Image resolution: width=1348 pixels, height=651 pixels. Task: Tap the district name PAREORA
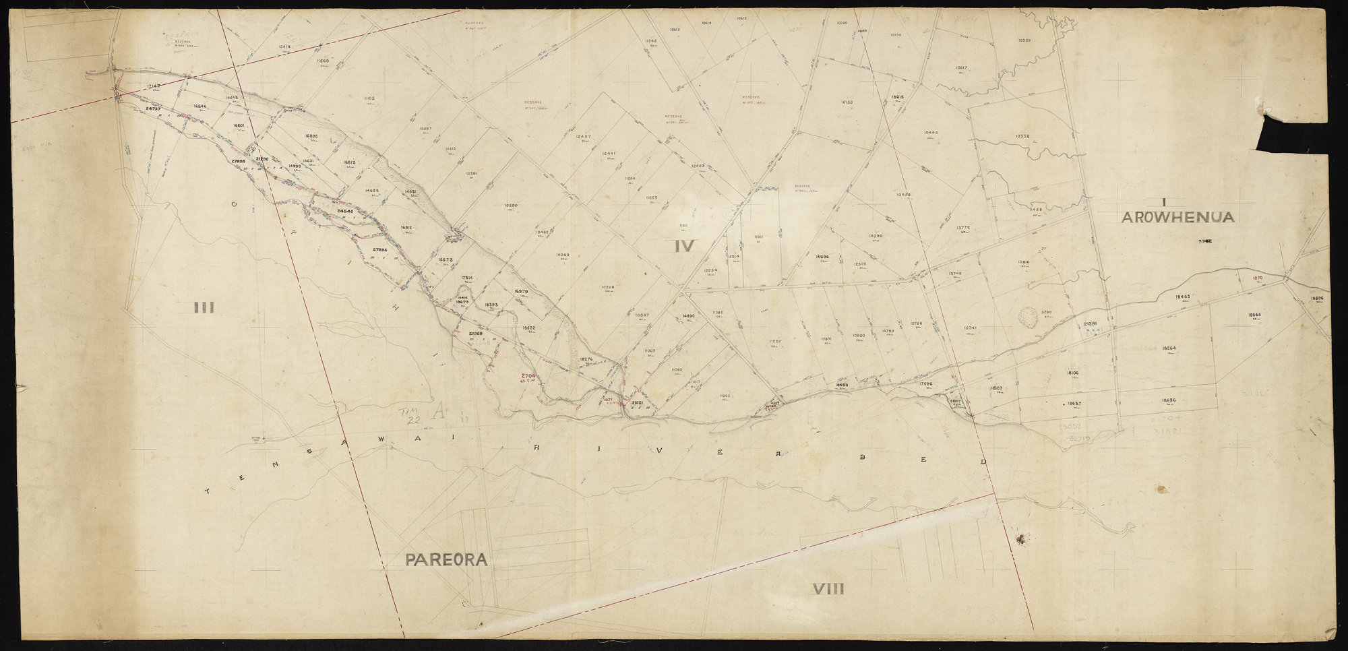click(446, 560)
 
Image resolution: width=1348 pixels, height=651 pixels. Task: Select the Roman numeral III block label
click(204, 309)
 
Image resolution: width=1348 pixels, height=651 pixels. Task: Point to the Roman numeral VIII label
click(828, 590)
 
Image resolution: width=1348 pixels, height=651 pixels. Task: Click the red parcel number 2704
click(528, 376)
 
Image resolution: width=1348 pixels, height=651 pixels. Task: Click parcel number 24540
click(344, 212)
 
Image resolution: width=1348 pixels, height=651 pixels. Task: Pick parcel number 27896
click(380, 250)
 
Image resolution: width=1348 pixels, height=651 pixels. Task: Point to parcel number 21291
click(1091, 325)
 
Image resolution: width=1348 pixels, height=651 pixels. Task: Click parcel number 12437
click(583, 137)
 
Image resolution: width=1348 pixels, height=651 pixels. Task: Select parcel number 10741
click(970, 328)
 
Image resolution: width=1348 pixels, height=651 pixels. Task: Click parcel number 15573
click(444, 259)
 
